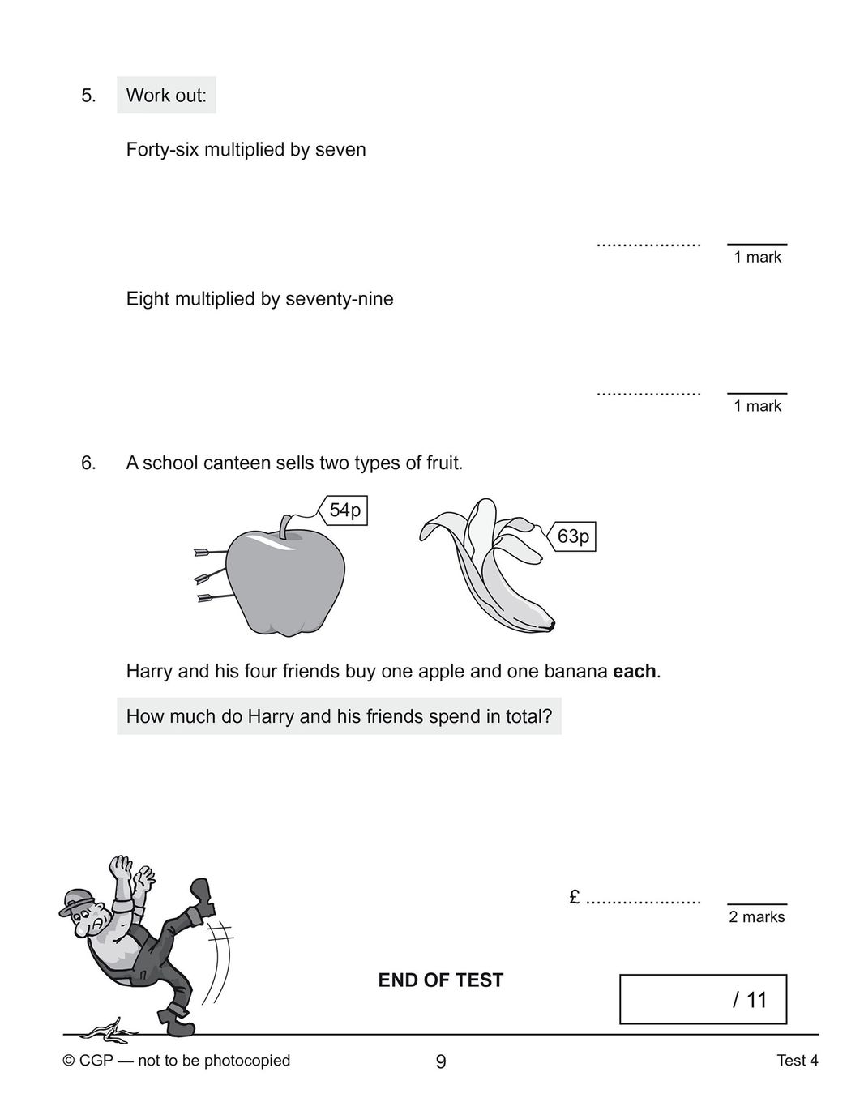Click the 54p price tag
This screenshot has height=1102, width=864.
(344, 510)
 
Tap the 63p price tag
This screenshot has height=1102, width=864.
(573, 536)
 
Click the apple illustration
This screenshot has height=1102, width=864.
(284, 582)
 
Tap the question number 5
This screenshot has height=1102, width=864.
(88, 96)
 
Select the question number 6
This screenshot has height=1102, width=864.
(88, 463)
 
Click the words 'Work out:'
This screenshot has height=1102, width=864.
(166, 96)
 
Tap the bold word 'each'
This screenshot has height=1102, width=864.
(634, 672)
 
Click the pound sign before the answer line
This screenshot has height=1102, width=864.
(574, 897)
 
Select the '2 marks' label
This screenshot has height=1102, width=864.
(756, 917)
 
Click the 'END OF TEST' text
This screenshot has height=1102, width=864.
(440, 980)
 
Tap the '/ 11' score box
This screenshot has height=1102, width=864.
(703, 1000)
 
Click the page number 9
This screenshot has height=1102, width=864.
(440, 1061)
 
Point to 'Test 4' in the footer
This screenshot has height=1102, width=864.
(797, 1061)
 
